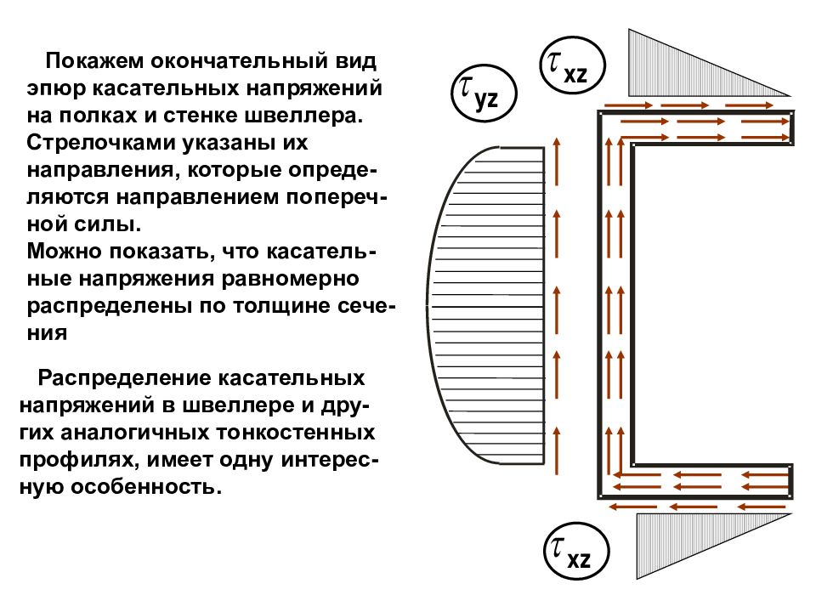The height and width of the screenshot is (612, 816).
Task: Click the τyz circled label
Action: [x=484, y=93]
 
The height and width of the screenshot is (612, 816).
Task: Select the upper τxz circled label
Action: [x=572, y=65]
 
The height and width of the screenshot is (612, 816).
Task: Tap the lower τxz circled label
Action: [x=576, y=551]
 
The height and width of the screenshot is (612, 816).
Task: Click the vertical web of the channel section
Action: [x=615, y=304]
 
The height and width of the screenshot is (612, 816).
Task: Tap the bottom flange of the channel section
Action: [x=695, y=481]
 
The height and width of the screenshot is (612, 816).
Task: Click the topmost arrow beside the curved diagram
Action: [x=557, y=161]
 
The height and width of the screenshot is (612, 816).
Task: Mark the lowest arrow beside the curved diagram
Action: [x=557, y=450]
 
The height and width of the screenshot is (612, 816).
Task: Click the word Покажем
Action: [x=94, y=61]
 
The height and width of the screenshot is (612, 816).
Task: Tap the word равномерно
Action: [x=290, y=279]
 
